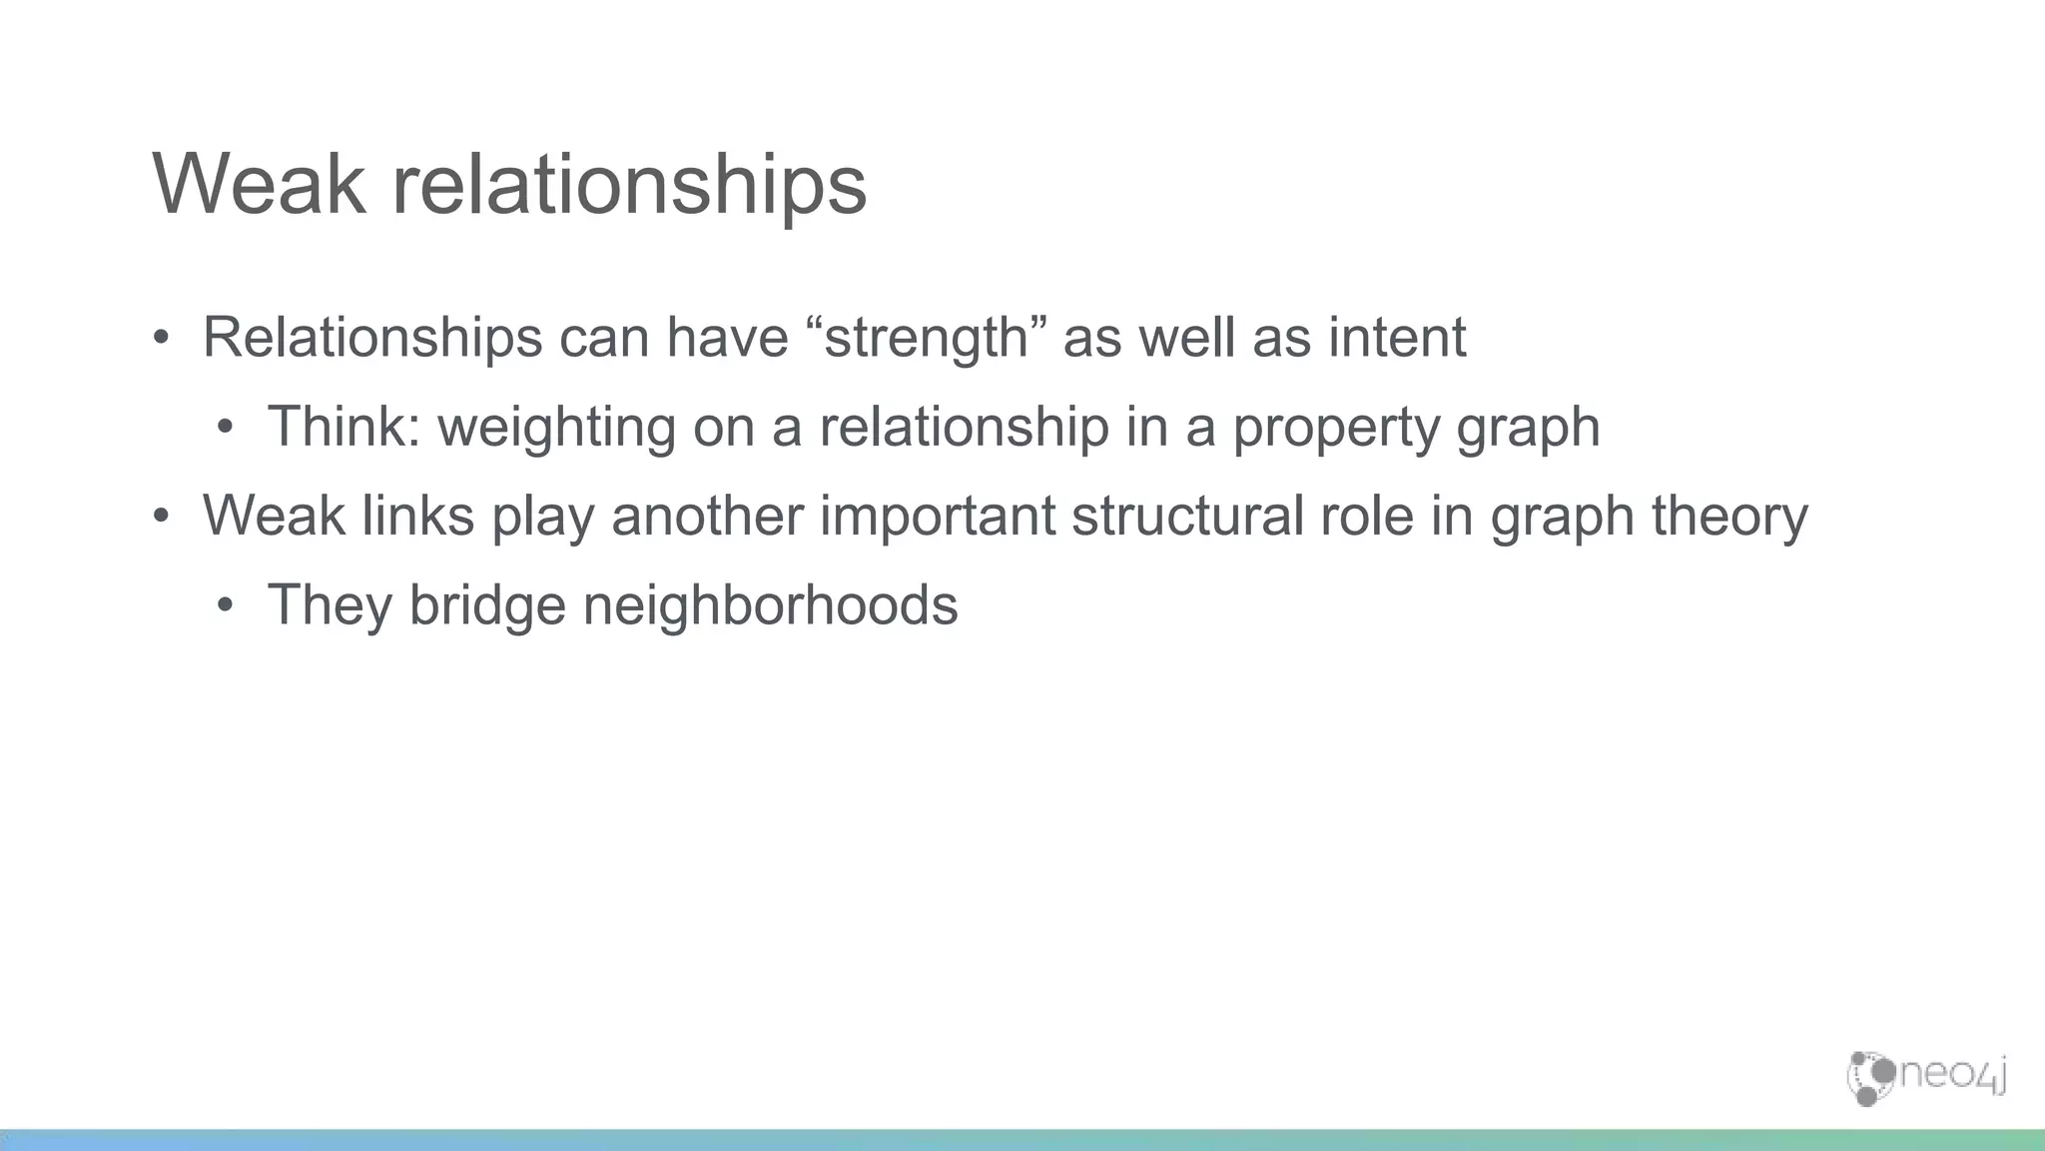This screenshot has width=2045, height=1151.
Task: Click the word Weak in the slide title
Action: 259,184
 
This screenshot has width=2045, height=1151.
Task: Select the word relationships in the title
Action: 629,186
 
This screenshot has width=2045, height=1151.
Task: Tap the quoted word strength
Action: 925,338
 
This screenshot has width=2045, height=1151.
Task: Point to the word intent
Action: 1397,337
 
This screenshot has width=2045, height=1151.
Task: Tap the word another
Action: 707,516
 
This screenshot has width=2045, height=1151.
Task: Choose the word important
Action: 938,518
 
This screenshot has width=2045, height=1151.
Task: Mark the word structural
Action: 1187,516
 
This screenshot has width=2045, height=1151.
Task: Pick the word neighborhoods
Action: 770,605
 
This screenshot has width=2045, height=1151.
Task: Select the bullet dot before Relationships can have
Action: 161,338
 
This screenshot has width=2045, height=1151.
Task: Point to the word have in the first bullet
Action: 727,337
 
